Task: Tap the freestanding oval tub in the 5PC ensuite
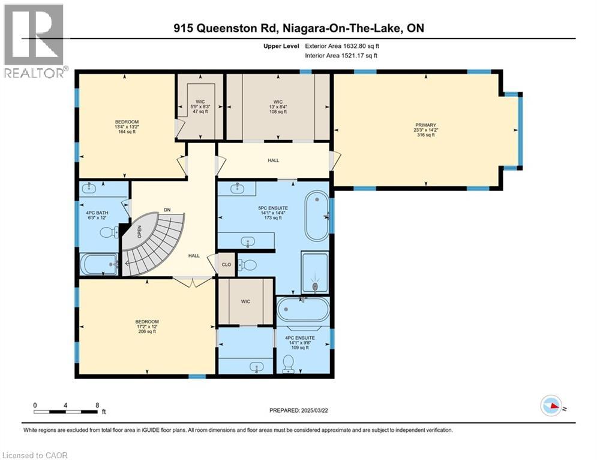tap(316, 215)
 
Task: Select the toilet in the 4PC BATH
tap(108, 232)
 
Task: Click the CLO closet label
tap(226, 264)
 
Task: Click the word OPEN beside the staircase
tap(139, 231)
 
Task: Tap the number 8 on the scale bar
tap(97, 405)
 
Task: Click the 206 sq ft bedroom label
tap(147, 326)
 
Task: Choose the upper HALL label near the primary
tap(273, 160)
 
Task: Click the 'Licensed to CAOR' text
tap(35, 455)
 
